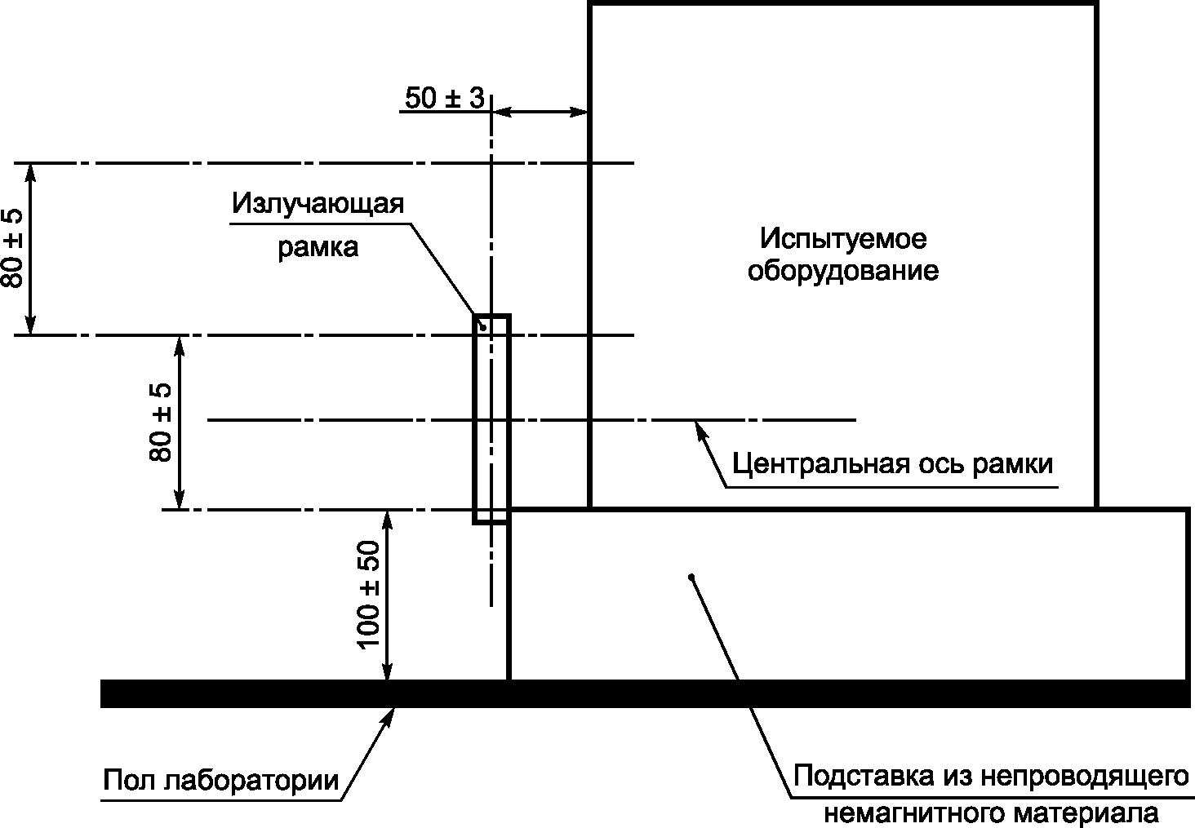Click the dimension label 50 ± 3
(x=445, y=98)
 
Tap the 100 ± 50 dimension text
(x=369, y=595)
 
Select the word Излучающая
(x=318, y=204)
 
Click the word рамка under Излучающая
(x=318, y=248)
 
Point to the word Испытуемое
(x=843, y=239)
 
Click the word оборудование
(x=843, y=271)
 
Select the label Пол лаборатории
(x=221, y=781)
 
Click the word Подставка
(x=864, y=777)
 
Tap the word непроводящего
(x=1085, y=777)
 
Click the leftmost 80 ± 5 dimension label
(x=12, y=249)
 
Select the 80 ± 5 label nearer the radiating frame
(x=161, y=423)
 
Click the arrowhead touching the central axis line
(x=700, y=430)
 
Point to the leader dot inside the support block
(x=691, y=577)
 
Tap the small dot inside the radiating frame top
(x=483, y=327)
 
